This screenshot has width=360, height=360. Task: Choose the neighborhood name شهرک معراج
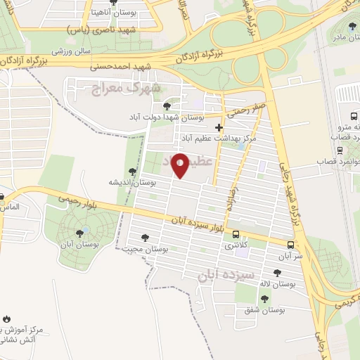(x=126, y=88)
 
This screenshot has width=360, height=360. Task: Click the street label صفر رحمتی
(x=243, y=110)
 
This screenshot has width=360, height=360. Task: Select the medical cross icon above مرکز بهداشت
(x=219, y=128)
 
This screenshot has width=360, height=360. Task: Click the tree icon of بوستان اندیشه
(x=131, y=171)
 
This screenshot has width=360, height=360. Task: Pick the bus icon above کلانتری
(x=236, y=234)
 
